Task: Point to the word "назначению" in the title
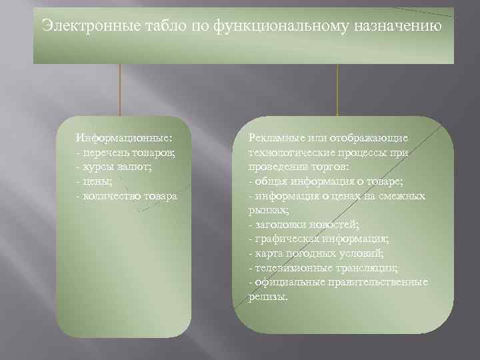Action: point(401,26)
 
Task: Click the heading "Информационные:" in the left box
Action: point(124,137)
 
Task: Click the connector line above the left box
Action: point(120,90)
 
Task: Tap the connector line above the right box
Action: point(338,90)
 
